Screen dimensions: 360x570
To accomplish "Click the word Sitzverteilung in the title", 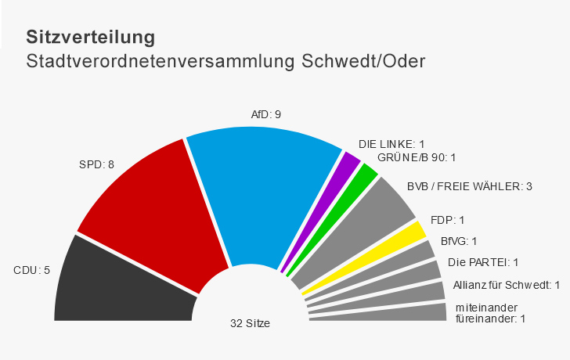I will point(90,37).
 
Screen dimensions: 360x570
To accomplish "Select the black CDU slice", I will point(121,282).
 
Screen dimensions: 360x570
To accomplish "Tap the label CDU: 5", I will point(31,271).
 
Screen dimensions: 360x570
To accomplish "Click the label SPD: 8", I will point(97,164).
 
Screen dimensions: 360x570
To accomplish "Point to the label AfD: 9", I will point(265,114).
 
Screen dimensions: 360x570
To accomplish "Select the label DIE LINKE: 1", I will point(391,144).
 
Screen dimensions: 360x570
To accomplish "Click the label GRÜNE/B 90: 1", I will point(416,157).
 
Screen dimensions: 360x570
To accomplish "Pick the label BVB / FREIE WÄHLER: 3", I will point(470,186).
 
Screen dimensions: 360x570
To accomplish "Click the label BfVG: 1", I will point(458,241).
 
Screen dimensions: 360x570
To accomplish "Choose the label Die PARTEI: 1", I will point(483,262).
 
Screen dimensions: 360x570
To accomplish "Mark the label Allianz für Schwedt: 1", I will point(507,284).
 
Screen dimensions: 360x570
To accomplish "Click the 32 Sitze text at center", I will point(250,322).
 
